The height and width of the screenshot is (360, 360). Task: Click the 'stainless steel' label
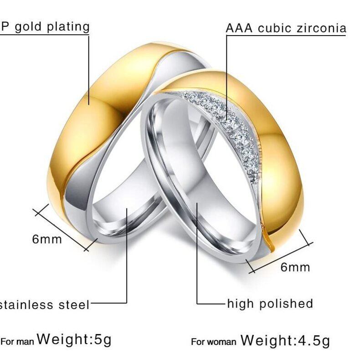(45, 304)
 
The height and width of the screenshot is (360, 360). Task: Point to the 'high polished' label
(270, 303)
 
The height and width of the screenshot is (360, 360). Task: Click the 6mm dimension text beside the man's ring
(46, 238)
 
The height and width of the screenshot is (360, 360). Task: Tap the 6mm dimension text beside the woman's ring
(295, 267)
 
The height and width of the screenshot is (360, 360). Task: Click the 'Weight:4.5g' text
(285, 340)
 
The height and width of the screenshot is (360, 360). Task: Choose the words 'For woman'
(213, 342)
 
